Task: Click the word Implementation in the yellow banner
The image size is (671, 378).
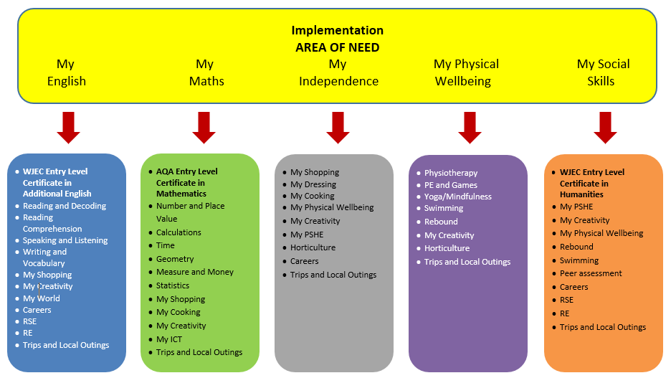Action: [337, 30]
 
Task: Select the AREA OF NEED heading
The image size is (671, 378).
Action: [337, 47]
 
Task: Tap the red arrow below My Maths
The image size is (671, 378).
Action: [204, 127]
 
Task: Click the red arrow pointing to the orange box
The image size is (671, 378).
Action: [605, 127]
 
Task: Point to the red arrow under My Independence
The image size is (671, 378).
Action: [338, 127]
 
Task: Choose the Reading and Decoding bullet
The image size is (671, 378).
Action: [64, 206]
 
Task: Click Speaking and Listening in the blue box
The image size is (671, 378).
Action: [65, 240]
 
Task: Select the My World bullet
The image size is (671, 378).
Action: [41, 298]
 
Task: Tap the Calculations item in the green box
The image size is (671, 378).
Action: [179, 232]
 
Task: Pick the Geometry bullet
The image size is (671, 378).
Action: [175, 259]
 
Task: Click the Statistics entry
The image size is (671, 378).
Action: [173, 285]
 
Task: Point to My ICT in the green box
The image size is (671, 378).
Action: [169, 339]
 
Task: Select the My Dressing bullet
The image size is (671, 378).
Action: [313, 184]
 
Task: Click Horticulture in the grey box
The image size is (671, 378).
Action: [313, 247]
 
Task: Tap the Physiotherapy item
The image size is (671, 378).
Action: [450, 173]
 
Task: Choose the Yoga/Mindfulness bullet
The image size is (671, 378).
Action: [457, 197]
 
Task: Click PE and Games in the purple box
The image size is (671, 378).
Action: [450, 185]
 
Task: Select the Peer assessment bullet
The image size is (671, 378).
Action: [591, 273]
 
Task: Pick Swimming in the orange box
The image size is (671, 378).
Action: [579, 260]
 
